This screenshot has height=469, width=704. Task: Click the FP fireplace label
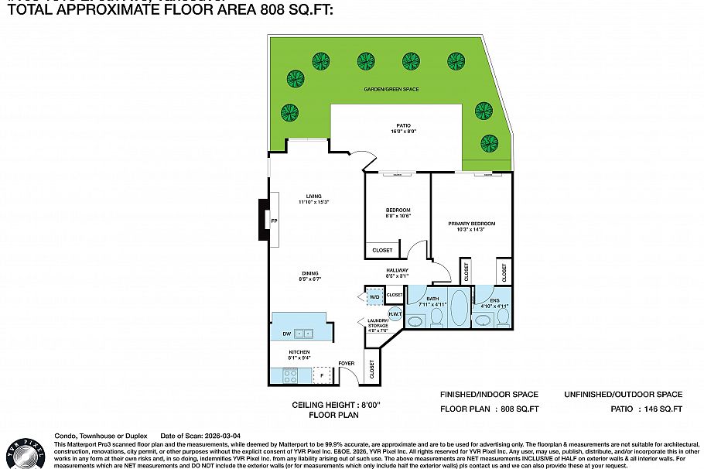[274, 222]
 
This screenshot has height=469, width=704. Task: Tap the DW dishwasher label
[285, 334]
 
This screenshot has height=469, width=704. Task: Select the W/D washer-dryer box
[374, 297]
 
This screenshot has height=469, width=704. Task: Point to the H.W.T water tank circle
[384, 313]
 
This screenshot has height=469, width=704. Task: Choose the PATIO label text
[403, 125]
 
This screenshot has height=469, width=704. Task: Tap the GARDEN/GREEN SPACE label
[391, 90]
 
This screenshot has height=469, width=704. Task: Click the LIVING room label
[313, 197]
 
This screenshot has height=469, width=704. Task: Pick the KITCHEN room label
[299, 352]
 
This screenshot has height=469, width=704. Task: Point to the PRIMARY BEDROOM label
[471, 224]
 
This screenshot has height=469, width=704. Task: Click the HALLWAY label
[398, 270]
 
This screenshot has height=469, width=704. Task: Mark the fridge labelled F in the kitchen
[323, 375]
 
